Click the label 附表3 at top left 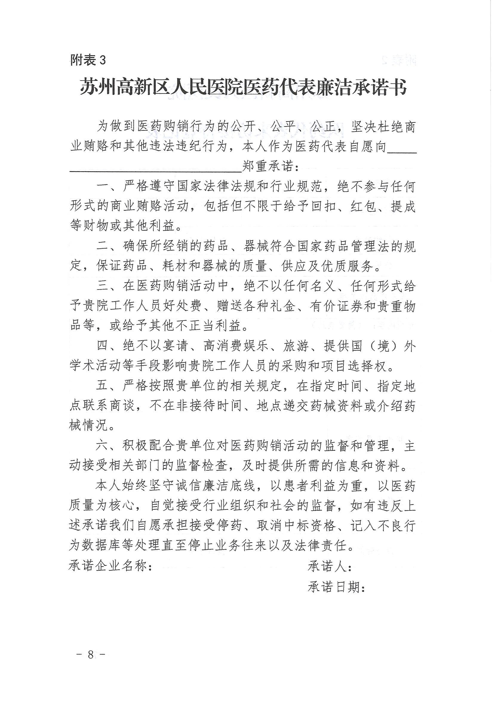(88, 60)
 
